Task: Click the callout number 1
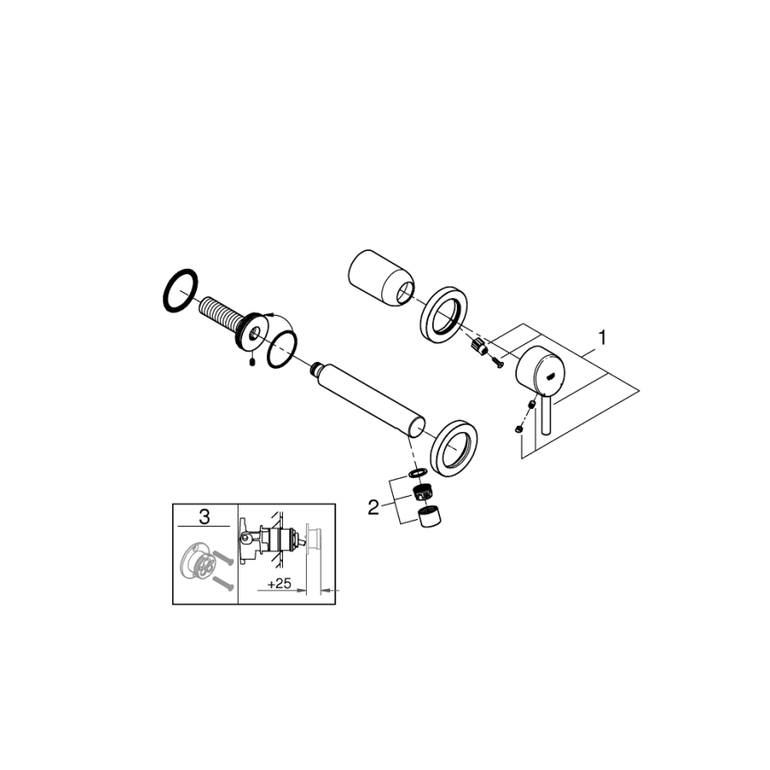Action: click(x=603, y=337)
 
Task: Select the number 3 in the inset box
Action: click(x=206, y=515)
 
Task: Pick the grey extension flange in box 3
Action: click(x=194, y=565)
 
